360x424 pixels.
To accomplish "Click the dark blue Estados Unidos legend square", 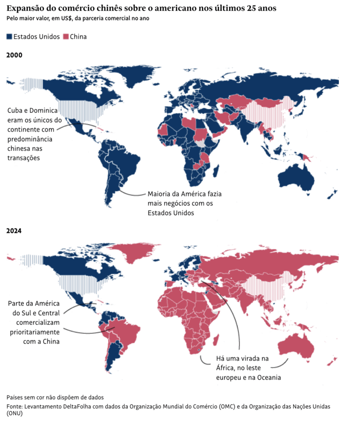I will pyautogui.click(x=9, y=36).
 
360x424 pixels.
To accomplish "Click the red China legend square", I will pyautogui.click(x=65, y=36).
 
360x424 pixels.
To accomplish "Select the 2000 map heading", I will pyautogui.click(x=14, y=55).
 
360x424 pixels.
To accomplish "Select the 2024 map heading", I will pyautogui.click(x=14, y=231).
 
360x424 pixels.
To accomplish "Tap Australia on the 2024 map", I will pyautogui.click(x=295, y=348).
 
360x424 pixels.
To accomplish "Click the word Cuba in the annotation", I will pyautogui.click(x=15, y=111).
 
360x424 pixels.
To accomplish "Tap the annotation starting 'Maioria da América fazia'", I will pyautogui.click(x=184, y=203).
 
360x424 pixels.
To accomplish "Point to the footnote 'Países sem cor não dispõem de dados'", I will pyautogui.click(x=55, y=397).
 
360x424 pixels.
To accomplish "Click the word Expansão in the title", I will pyautogui.click(x=24, y=8).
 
